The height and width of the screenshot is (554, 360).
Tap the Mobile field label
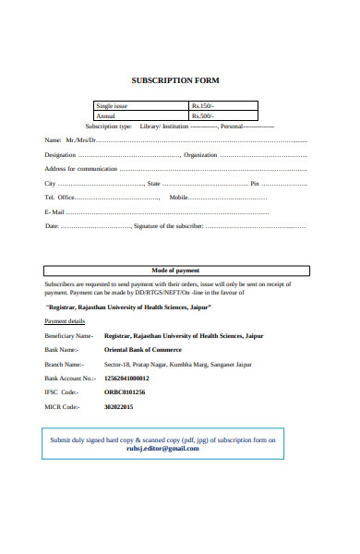coord(178,198)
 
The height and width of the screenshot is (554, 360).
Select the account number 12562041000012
coord(126,379)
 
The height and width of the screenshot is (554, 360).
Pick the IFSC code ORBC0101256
coord(125,392)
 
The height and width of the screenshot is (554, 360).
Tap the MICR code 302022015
coord(119,406)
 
